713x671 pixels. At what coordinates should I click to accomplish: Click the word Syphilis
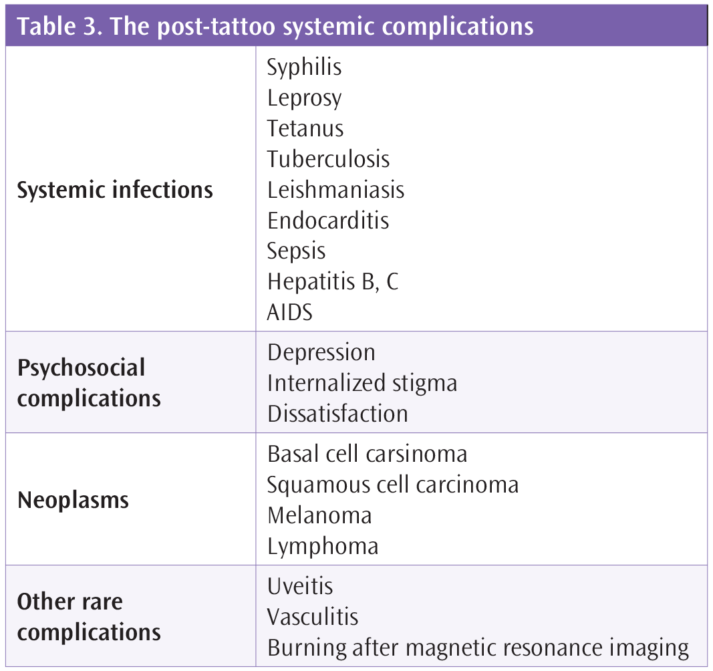[304, 68]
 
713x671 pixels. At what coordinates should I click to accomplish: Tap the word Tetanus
[305, 128]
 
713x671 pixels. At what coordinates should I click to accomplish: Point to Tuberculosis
[328, 159]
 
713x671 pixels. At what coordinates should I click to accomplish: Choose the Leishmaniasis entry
[335, 190]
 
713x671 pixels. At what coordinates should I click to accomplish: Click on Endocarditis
[328, 221]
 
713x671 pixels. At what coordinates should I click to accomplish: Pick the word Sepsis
[296, 251]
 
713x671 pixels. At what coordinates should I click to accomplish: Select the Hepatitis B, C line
[333, 281]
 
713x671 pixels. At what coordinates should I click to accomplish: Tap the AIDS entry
[289, 313]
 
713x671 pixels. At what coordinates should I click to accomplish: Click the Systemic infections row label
[115, 190]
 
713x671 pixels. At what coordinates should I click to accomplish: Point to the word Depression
[321, 353]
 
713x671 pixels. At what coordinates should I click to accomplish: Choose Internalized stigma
[362, 384]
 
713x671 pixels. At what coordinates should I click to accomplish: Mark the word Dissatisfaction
[337, 414]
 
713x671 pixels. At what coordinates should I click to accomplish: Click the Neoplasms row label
[74, 501]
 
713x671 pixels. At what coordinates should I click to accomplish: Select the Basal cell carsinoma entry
[368, 454]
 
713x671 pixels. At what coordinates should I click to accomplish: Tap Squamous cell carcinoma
[393, 485]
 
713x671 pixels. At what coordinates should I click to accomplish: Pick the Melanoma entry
[319, 516]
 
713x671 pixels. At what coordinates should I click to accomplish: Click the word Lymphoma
[323, 547]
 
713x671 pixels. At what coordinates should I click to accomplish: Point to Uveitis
[300, 586]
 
